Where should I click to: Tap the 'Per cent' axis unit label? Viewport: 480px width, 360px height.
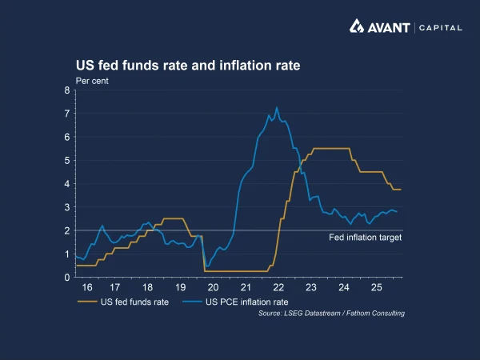pyautogui.click(x=92, y=80)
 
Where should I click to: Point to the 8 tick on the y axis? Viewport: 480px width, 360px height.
pyautogui.click(x=67, y=90)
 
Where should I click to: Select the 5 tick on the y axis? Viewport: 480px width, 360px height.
pyautogui.click(x=67, y=160)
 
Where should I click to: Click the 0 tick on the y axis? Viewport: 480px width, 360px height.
pyautogui.click(x=67, y=277)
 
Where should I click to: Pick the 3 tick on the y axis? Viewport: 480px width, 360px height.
pyautogui.click(x=67, y=207)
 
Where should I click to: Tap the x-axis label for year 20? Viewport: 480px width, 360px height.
pyautogui.click(x=213, y=287)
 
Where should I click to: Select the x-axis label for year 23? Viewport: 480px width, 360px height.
pyautogui.click(x=310, y=287)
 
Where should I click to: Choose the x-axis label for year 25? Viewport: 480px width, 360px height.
pyautogui.click(x=376, y=287)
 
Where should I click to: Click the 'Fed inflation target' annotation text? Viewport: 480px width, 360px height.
pyautogui.click(x=365, y=238)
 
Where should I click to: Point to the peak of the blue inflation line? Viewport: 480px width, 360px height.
pyautogui.click(x=277, y=107)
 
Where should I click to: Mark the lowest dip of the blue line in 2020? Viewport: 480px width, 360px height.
pyautogui.click(x=207, y=266)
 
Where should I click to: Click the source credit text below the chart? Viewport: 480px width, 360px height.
pyautogui.click(x=331, y=314)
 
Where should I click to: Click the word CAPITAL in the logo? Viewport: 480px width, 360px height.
pyautogui.click(x=440, y=27)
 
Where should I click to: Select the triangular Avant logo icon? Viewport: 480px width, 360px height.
pyautogui.click(x=358, y=26)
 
